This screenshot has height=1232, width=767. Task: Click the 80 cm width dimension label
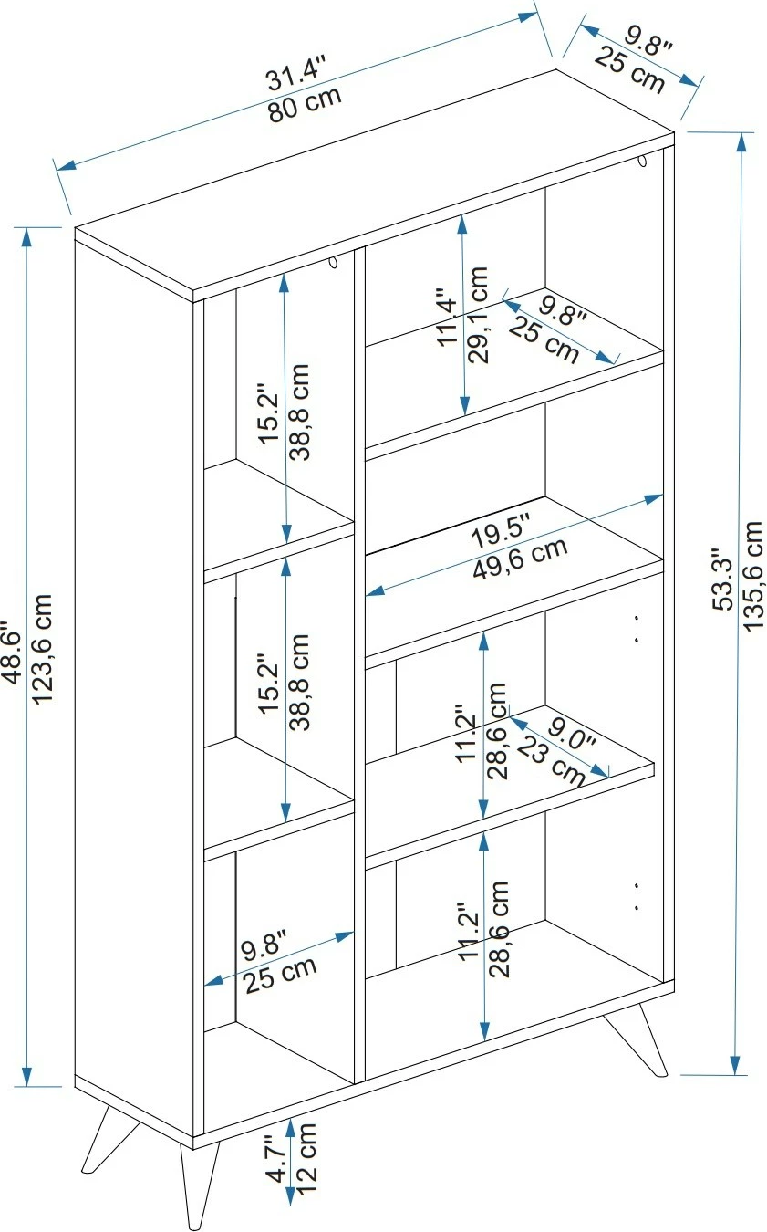306,105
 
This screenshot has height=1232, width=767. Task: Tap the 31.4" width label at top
297,73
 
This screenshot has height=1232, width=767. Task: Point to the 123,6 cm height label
43,649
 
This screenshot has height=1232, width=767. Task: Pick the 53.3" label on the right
723,579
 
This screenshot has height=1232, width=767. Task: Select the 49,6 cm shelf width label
520,559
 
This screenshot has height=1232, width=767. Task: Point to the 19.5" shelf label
501,531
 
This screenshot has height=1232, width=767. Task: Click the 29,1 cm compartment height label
478,314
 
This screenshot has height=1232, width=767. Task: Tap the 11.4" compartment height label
448,317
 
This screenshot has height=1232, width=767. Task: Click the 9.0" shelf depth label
572,734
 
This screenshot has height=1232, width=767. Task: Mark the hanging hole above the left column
334,262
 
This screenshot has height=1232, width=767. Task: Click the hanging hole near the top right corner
642,161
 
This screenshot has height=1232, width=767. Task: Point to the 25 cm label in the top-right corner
629,70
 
